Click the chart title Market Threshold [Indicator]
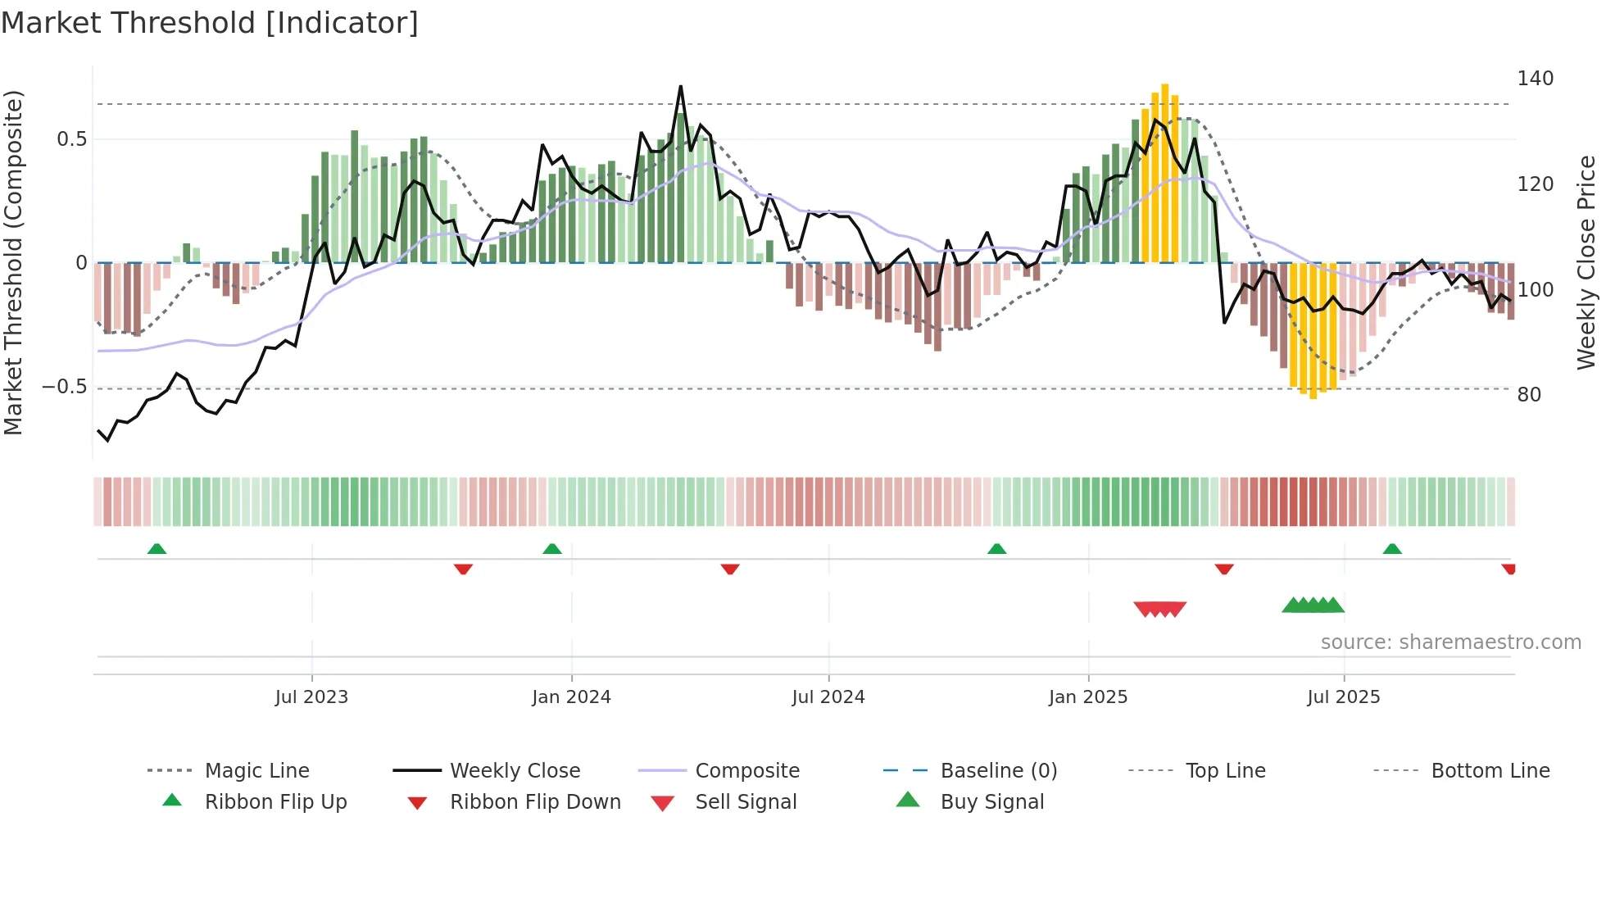click(210, 23)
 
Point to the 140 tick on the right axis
click(1535, 79)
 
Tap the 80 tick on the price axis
click(1529, 395)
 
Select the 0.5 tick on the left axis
click(71, 139)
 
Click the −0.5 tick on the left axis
click(65, 387)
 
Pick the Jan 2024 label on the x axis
click(571, 697)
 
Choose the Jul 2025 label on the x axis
click(1344, 697)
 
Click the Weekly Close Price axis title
click(1586, 262)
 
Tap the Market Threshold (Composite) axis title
click(13, 262)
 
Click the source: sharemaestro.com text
click(1450, 642)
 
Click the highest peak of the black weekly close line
click(680, 87)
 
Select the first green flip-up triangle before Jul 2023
click(157, 549)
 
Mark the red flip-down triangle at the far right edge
click(1508, 569)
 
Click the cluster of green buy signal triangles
click(1313, 606)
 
